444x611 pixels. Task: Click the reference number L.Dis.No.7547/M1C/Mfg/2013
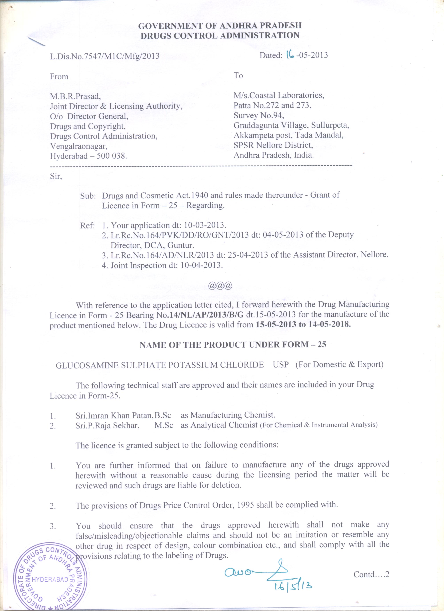point(104,56)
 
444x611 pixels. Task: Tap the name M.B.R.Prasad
point(75,96)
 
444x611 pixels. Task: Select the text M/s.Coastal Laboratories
point(279,95)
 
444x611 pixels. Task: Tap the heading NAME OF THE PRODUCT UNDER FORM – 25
point(233,345)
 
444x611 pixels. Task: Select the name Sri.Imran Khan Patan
point(114,415)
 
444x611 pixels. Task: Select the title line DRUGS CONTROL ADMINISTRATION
point(220,36)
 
